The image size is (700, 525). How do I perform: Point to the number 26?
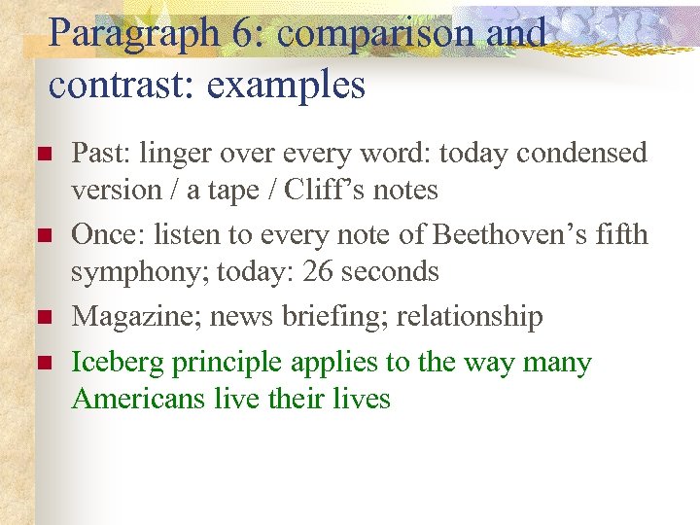click(x=319, y=271)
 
